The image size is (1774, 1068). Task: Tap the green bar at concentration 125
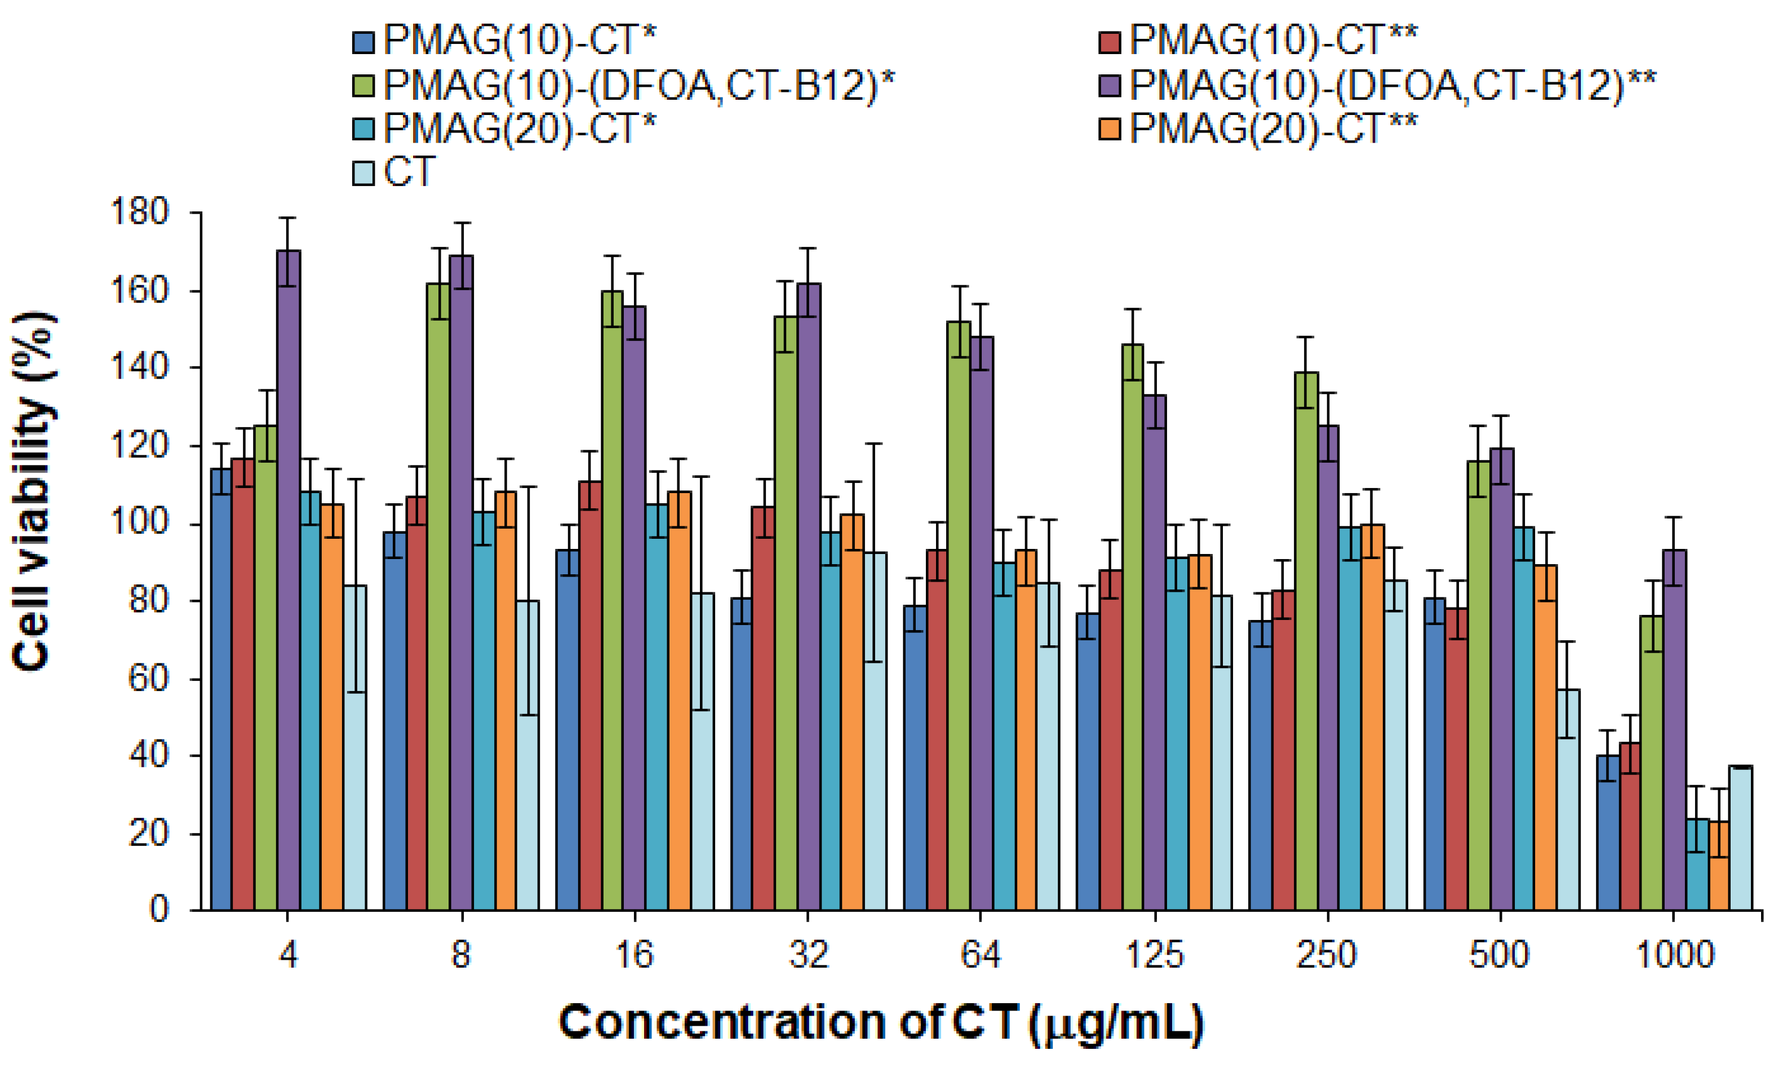tap(1132, 626)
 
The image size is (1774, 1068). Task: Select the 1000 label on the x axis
tap(1674, 955)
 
